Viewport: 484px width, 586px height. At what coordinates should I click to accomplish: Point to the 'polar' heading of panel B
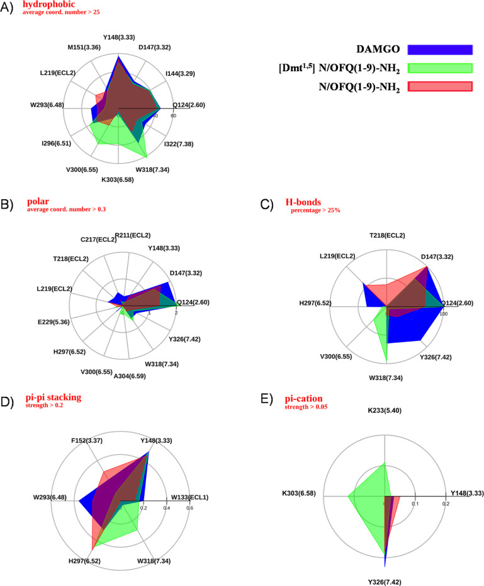[37, 202]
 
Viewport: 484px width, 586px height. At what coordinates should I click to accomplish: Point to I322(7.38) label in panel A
[179, 144]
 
